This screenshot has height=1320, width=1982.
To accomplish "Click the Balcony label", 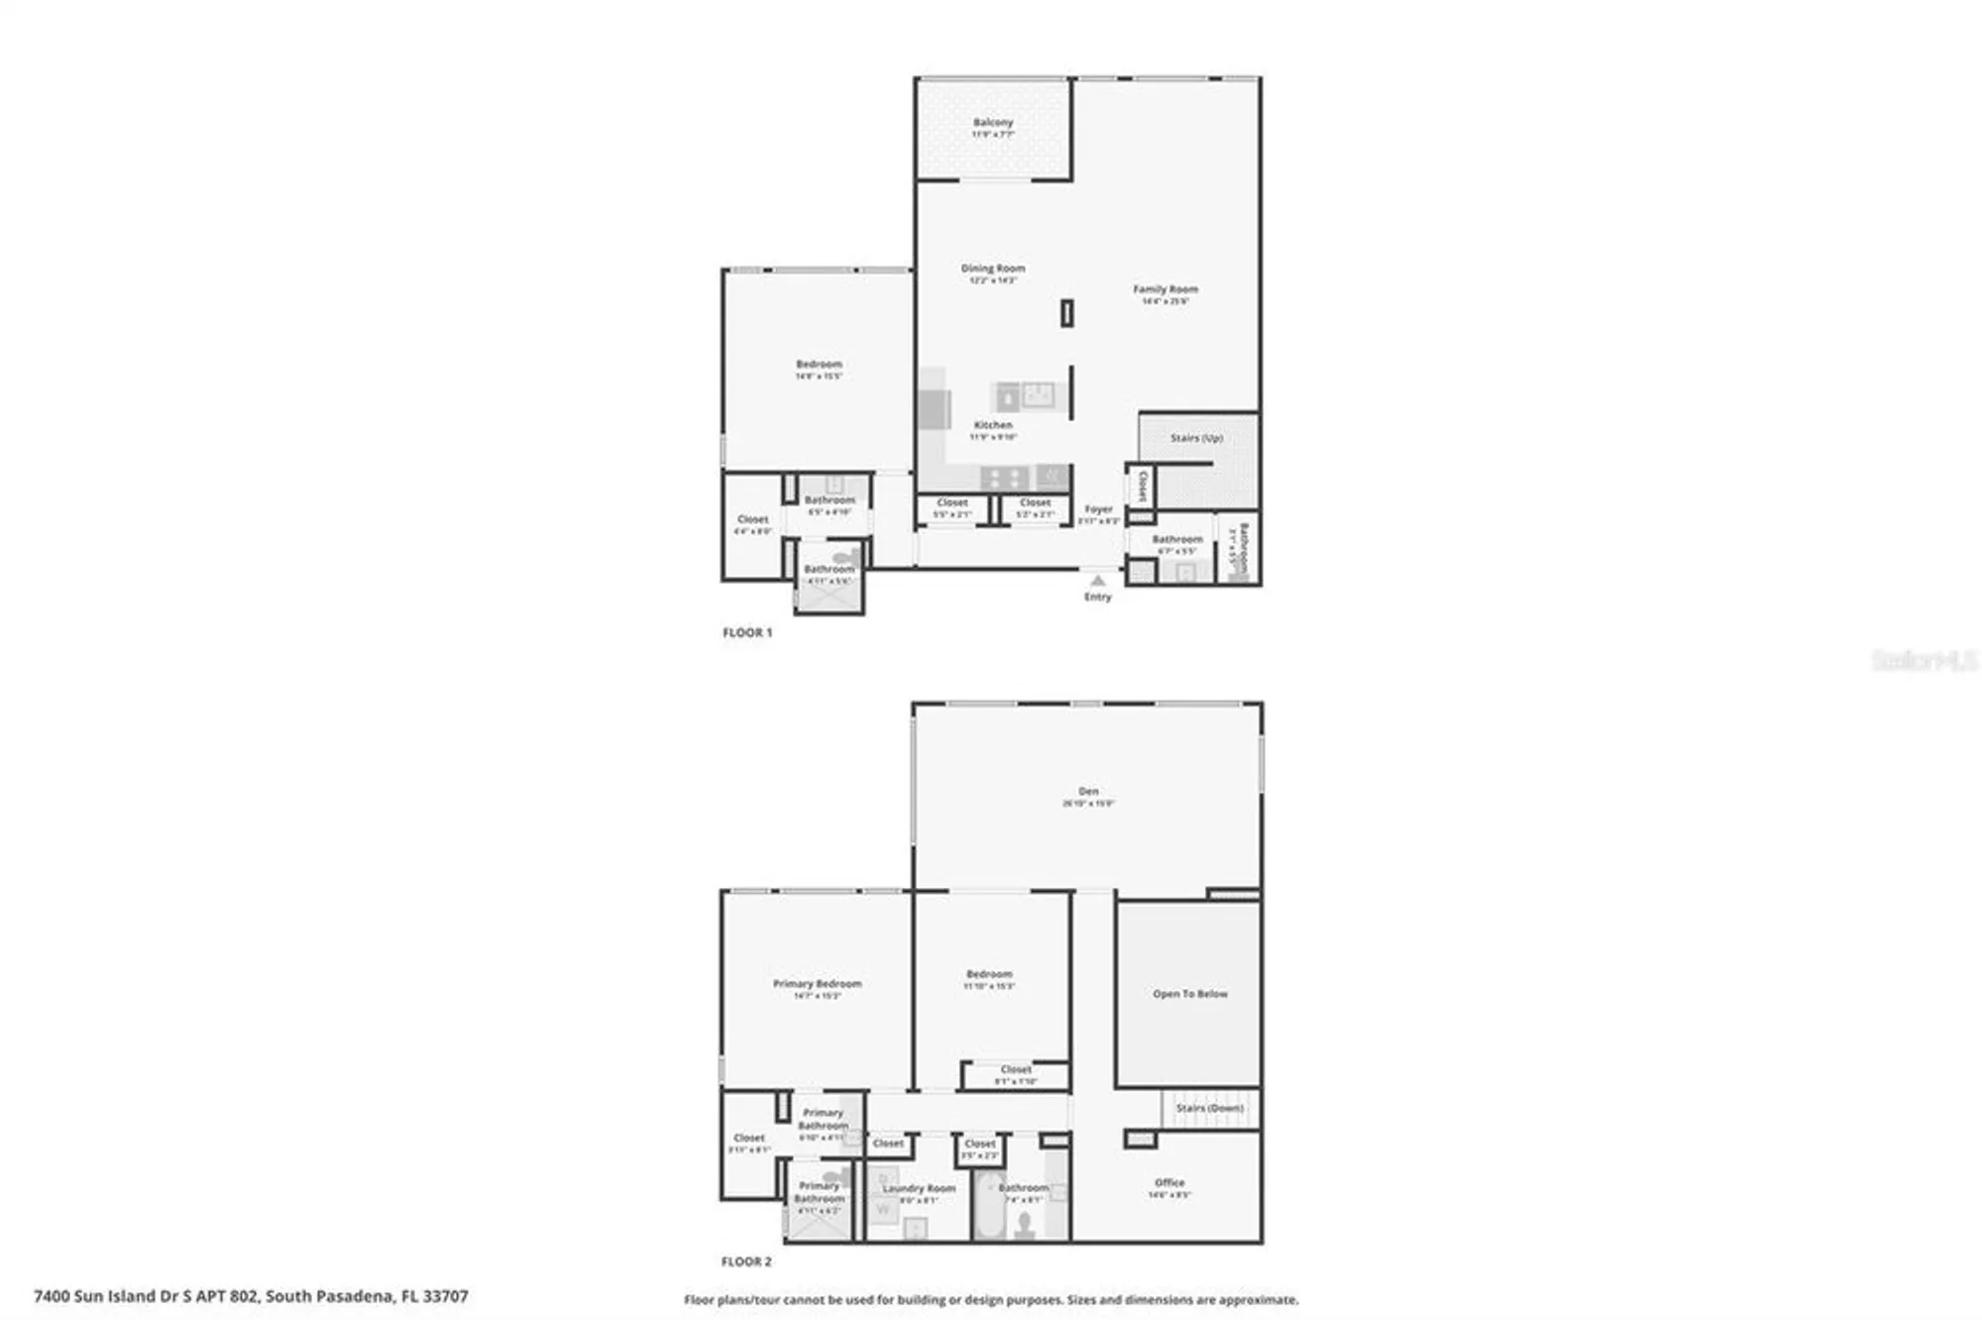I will pyautogui.click(x=992, y=123).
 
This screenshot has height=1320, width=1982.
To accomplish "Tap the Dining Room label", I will pyautogui.click(x=992, y=269).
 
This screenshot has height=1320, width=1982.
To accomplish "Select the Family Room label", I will pyautogui.click(x=1165, y=289).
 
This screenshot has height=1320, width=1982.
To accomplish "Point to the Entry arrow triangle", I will pyautogui.click(x=1097, y=581).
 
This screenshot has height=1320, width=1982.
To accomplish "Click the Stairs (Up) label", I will pyautogui.click(x=1196, y=438).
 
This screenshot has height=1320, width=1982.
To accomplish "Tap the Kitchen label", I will pyautogui.click(x=992, y=425).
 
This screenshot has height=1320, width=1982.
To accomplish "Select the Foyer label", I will pyautogui.click(x=1098, y=509).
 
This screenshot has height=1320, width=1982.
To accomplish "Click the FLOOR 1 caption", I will pyautogui.click(x=747, y=632).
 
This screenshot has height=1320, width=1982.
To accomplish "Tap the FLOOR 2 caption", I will pyautogui.click(x=746, y=1262).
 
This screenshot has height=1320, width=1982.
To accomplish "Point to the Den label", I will pyautogui.click(x=1088, y=792).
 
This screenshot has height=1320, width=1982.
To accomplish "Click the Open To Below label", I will pyautogui.click(x=1189, y=994).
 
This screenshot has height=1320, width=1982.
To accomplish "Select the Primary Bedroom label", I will pyautogui.click(x=817, y=984).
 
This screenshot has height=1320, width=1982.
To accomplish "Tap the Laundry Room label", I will pyautogui.click(x=919, y=1188).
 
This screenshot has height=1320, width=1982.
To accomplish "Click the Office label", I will pyautogui.click(x=1169, y=1182).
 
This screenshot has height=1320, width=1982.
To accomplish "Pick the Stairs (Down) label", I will pyautogui.click(x=1209, y=1108).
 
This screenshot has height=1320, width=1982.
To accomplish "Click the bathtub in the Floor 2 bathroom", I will pyautogui.click(x=989, y=1206).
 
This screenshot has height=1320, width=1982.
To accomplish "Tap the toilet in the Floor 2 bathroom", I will pyautogui.click(x=1026, y=1225).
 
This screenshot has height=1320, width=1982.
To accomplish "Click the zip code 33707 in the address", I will pyautogui.click(x=445, y=1296).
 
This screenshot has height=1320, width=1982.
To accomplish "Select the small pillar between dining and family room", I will pyautogui.click(x=1066, y=313).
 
